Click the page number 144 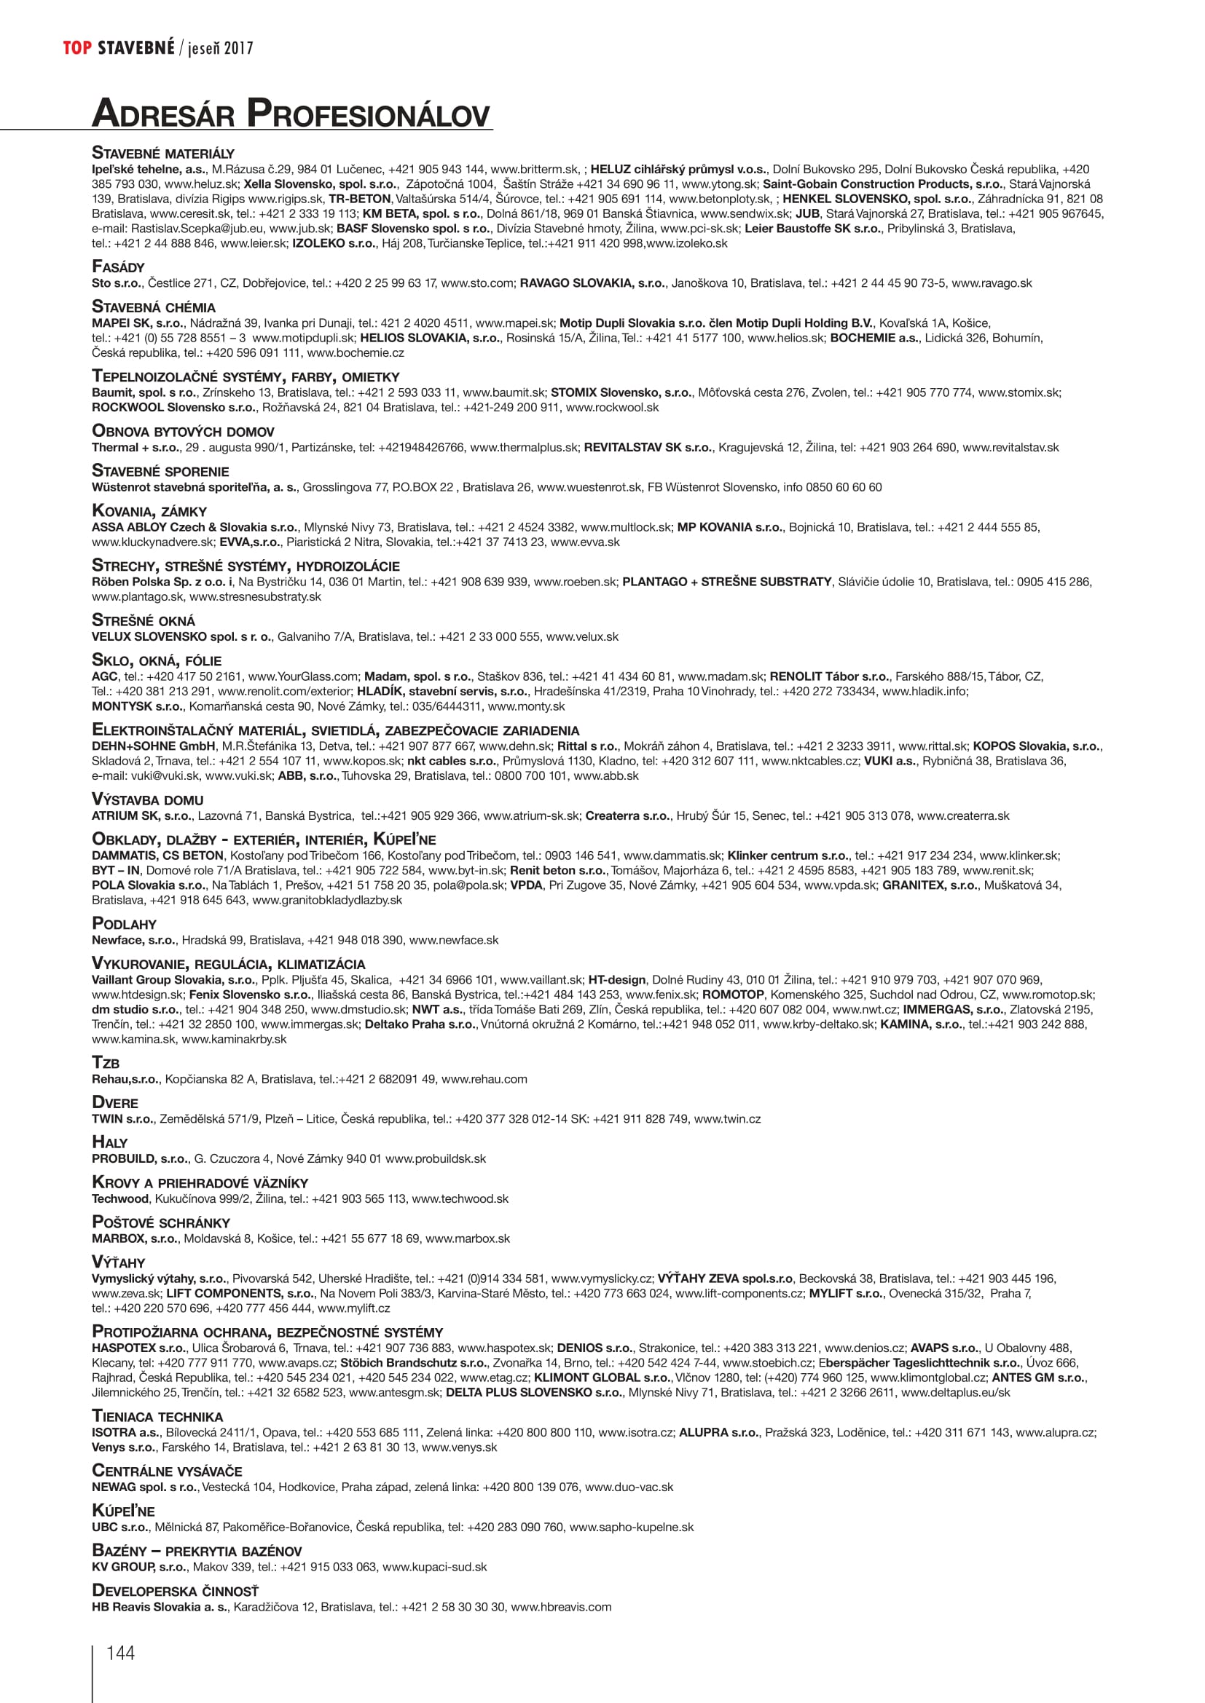click(120, 1653)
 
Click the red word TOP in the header click(77, 48)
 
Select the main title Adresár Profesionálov click(291, 114)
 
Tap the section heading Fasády click(118, 267)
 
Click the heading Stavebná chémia click(154, 307)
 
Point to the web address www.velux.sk click(581, 636)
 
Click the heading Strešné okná click(144, 621)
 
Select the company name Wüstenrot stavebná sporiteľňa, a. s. click(195, 487)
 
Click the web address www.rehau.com click(484, 1079)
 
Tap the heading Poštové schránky click(161, 1222)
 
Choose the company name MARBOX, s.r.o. click(134, 1238)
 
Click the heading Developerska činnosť click(175, 1590)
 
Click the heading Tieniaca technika click(157, 1416)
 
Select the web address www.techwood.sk click(460, 1198)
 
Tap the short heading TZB click(106, 1063)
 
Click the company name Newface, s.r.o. click(133, 940)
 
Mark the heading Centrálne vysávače click(167, 1471)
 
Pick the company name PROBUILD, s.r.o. click(139, 1158)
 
